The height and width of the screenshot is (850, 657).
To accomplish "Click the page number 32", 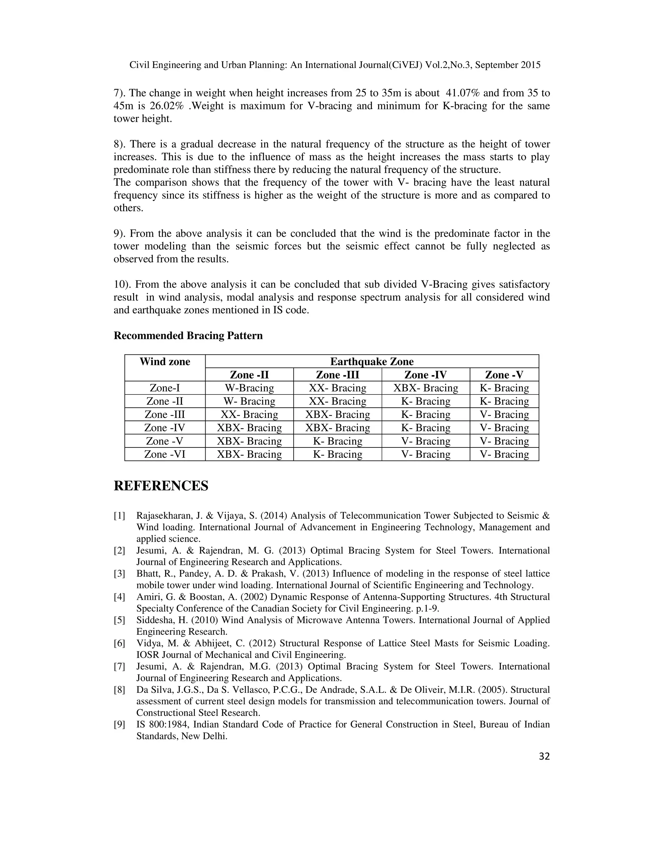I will (x=544, y=756).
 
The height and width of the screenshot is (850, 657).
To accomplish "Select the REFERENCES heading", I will (x=161, y=486).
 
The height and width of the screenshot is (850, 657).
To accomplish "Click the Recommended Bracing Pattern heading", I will (x=188, y=336).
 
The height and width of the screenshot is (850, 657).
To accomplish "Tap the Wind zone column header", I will (x=165, y=361).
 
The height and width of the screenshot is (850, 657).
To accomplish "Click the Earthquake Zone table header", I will (x=372, y=361).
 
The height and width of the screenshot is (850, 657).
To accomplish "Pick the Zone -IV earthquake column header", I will (x=425, y=375).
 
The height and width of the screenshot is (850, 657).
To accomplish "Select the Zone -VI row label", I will (x=165, y=454).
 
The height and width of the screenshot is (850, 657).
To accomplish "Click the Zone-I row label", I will (x=165, y=388).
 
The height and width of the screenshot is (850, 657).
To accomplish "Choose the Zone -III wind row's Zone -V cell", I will (x=504, y=414).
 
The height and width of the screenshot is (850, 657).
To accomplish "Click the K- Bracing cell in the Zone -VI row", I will (x=337, y=454).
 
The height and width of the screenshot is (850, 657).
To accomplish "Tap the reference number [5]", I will (x=119, y=620).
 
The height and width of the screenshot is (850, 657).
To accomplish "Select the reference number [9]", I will (x=119, y=724).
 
